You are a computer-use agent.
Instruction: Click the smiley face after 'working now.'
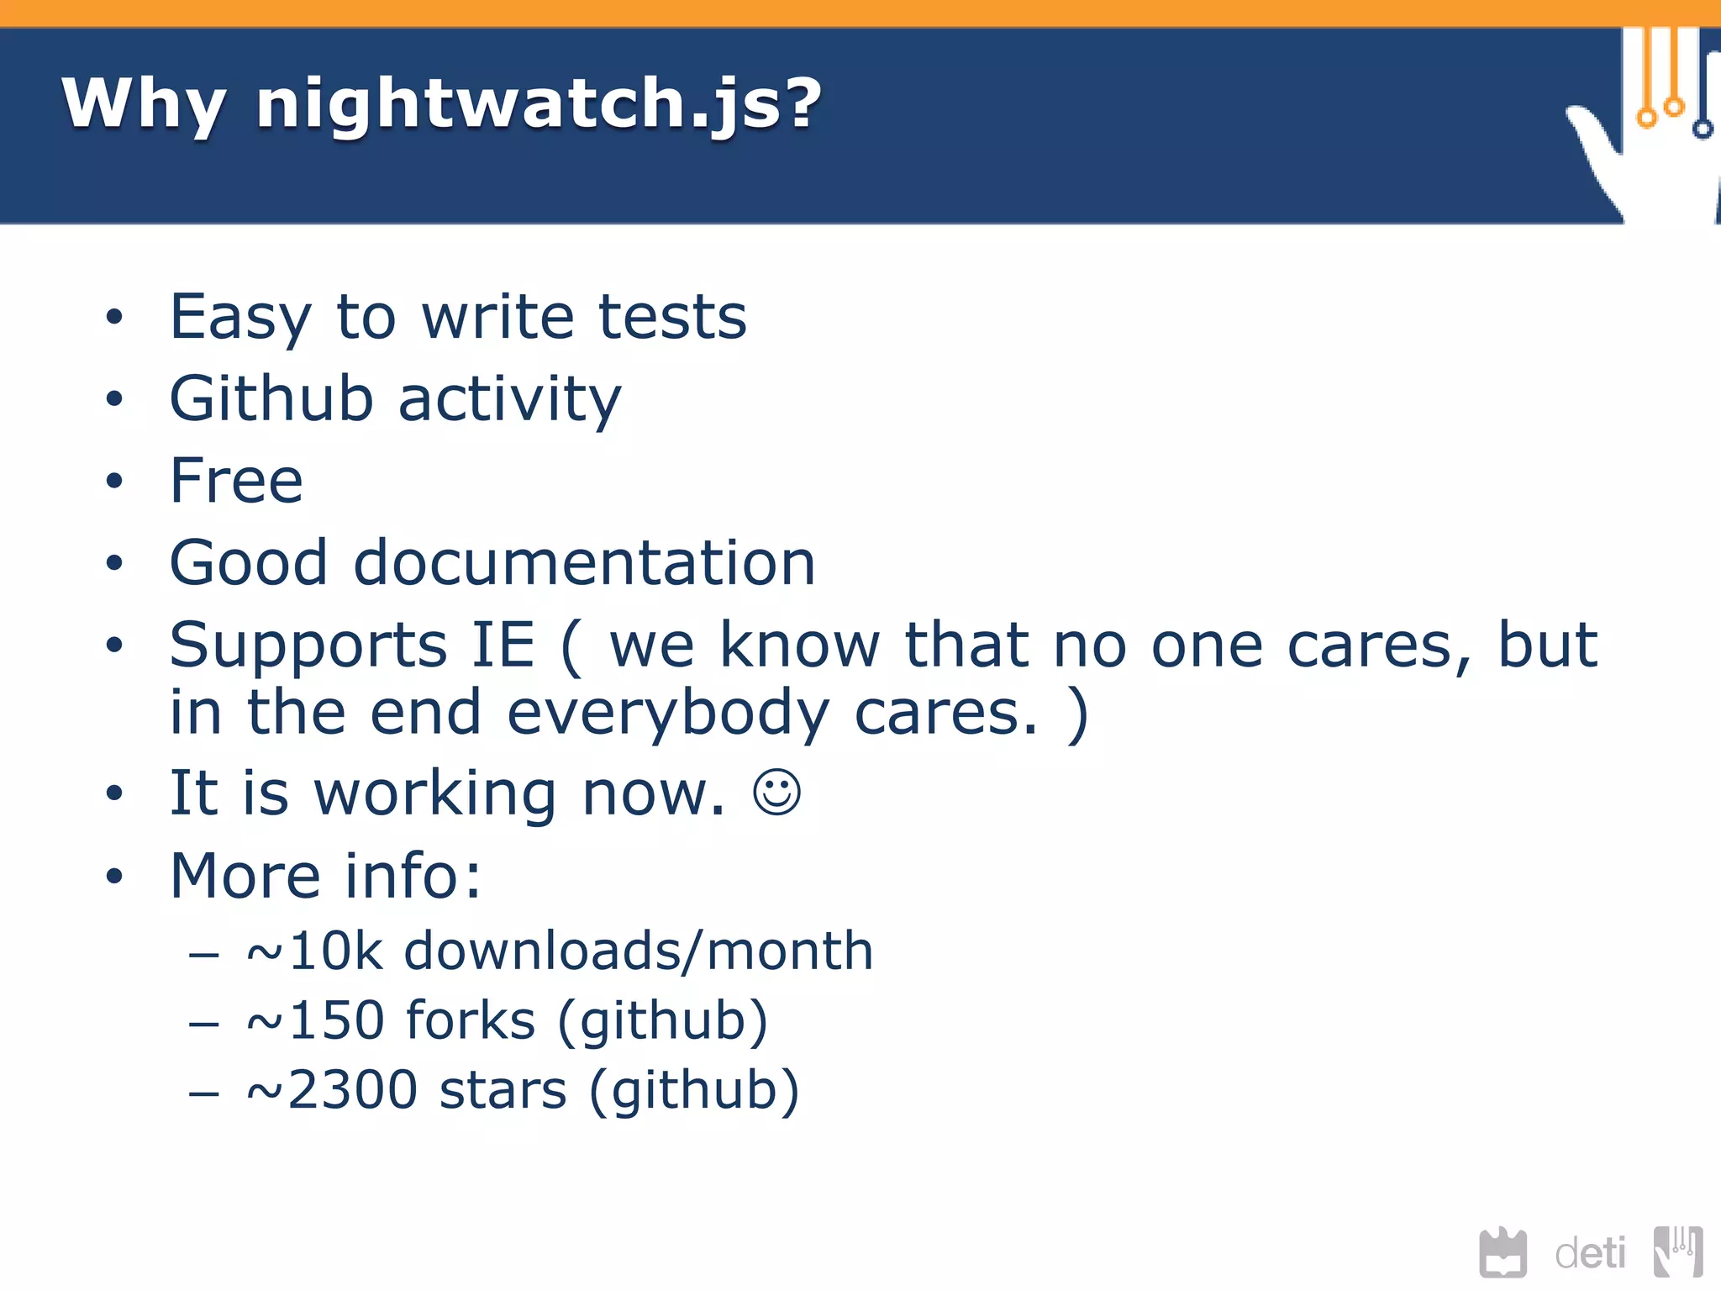(776, 792)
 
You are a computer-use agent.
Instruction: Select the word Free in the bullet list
(236, 481)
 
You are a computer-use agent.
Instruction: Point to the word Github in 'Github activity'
(271, 398)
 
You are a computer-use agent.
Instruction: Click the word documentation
(584, 562)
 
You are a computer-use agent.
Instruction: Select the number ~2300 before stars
(332, 1090)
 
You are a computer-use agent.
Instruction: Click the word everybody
(668, 713)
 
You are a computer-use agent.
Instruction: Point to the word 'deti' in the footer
(1590, 1254)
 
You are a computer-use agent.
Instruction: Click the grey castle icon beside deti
(1503, 1252)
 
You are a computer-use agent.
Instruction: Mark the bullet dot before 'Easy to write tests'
(114, 318)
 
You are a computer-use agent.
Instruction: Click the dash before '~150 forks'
(204, 1024)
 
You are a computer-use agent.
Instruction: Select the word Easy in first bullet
(240, 318)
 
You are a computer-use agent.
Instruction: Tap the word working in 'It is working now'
(435, 793)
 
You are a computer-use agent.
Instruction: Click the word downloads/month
(639, 951)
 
